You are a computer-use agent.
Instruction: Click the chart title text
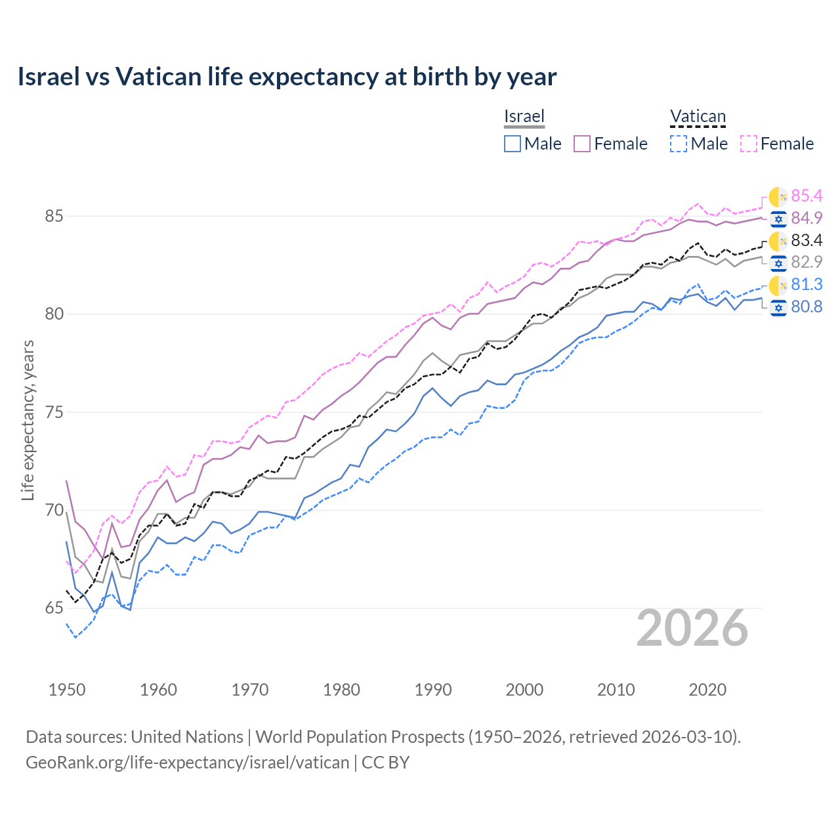[x=287, y=77]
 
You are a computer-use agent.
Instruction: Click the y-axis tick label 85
[x=54, y=216]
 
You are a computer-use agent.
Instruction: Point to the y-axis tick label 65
[x=54, y=608]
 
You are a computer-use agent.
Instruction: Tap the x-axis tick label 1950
[x=67, y=690]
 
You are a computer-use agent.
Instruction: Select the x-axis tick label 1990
[x=433, y=690]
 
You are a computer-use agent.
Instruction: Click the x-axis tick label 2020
[x=707, y=690]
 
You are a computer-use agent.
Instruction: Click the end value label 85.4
[x=807, y=196]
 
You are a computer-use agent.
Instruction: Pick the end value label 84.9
[x=807, y=218]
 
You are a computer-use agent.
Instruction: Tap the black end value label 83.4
[x=807, y=240]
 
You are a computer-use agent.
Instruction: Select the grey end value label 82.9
[x=807, y=262]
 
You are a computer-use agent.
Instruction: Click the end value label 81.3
[x=807, y=284]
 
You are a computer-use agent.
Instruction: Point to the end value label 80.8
[x=807, y=306]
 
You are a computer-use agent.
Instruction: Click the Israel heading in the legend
[x=524, y=116]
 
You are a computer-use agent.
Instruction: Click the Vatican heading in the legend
[x=698, y=116]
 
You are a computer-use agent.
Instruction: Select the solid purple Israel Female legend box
[x=582, y=144]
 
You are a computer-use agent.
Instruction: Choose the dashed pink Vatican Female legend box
[x=749, y=144]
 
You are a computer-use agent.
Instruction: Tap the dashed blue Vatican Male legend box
[x=679, y=144]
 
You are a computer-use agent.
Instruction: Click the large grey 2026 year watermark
[x=692, y=628]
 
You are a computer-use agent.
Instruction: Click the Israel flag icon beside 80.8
[x=778, y=307]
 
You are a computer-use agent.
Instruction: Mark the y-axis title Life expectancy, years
[x=28, y=420]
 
